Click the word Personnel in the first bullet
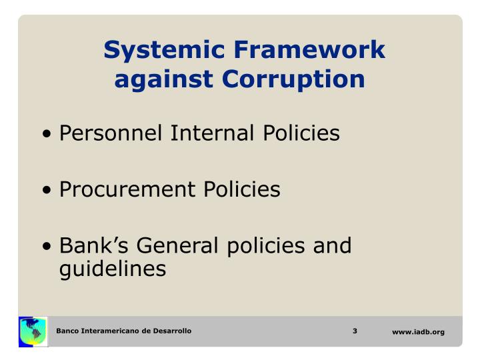point(112,134)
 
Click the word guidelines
point(111,269)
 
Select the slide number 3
point(356,331)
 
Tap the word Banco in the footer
point(68,331)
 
